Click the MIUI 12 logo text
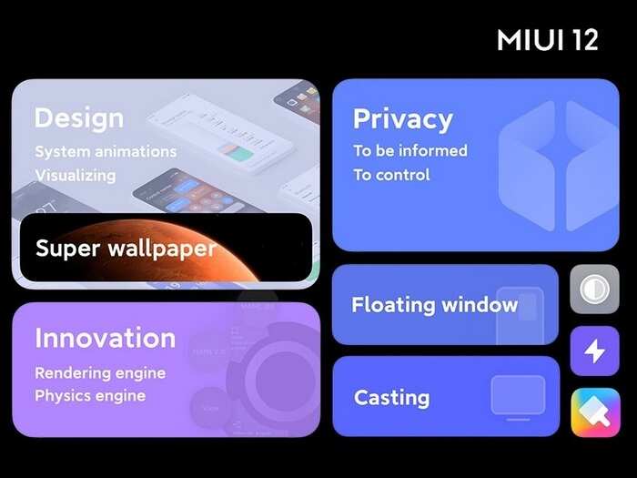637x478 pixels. [548, 40]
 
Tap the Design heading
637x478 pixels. [78, 118]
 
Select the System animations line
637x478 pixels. [106, 151]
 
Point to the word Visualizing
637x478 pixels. [76, 175]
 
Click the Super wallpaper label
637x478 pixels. [126, 248]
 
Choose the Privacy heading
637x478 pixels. [402, 119]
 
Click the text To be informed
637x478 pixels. [410, 151]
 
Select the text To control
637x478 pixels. [391, 175]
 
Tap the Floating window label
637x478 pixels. [434, 305]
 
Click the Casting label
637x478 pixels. [391, 398]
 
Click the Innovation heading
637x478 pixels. [105, 338]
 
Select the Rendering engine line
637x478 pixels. [100, 373]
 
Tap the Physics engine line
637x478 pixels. [90, 396]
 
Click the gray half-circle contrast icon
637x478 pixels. [594, 290]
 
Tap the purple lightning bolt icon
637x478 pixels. [594, 351]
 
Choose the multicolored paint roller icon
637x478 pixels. [594, 412]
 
